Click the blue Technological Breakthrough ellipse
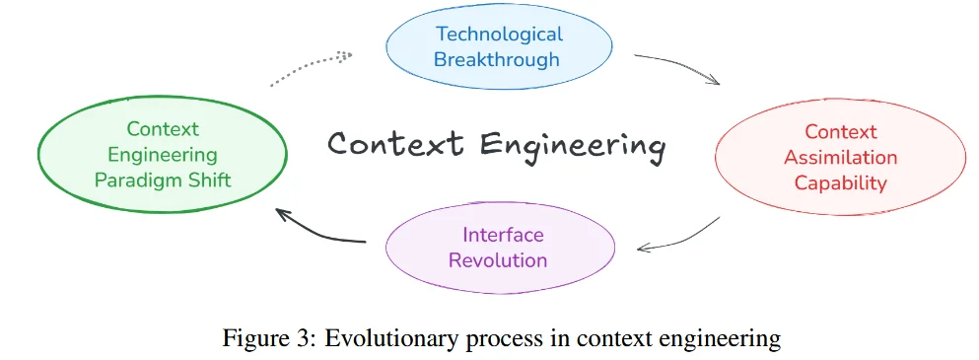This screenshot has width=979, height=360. tap(499, 47)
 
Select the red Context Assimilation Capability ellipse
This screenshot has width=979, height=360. tap(840, 158)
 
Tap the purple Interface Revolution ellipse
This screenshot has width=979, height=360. tap(501, 248)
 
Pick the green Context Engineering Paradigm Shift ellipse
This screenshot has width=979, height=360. tap(163, 155)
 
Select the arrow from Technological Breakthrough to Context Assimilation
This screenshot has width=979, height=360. tap(680, 65)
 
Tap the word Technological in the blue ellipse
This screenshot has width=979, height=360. tap(499, 34)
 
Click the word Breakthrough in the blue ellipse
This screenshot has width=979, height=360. tap(497, 60)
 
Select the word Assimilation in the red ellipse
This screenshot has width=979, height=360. tap(840, 158)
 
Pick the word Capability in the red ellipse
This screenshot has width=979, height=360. tap(840, 183)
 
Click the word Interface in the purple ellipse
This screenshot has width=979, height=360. tap(503, 235)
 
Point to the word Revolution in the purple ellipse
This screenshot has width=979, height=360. tap(498, 260)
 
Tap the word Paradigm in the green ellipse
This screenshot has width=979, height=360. tap(137, 180)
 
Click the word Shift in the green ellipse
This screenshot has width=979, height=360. tap(209, 180)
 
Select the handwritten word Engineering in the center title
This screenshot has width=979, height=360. tap(572, 147)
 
